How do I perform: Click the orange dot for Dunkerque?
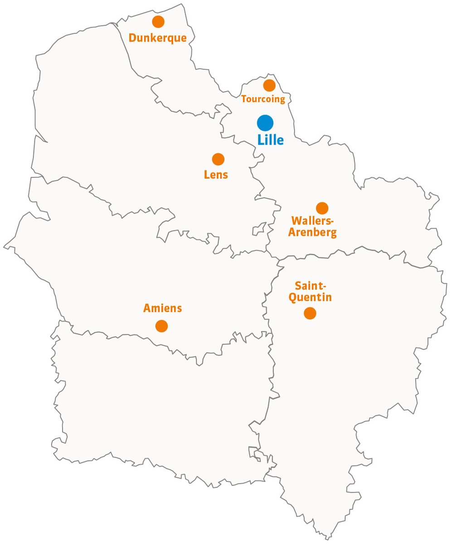(158, 21)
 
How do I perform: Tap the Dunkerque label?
(157, 38)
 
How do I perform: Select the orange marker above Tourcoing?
(269, 85)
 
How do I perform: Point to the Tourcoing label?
(263, 99)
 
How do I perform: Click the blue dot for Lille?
(265, 123)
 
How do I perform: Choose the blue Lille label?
(271, 140)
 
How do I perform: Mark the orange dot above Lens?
(218, 159)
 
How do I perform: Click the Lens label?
(216, 175)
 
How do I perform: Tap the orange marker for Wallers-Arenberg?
(322, 208)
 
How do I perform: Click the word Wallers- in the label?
(312, 222)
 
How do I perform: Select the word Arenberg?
(312, 233)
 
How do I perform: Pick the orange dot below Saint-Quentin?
(310, 313)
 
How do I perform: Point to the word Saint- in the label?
(311, 286)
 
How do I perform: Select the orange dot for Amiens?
(161, 326)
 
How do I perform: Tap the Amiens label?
(162, 308)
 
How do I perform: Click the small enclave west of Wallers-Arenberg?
(258, 229)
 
